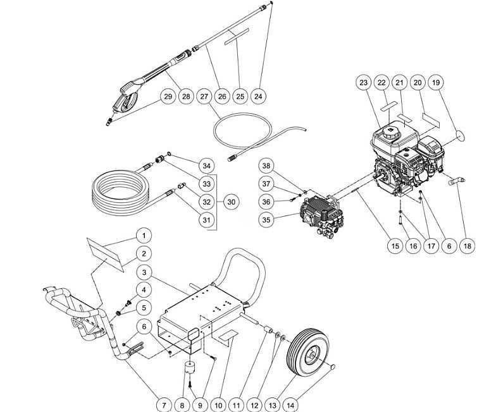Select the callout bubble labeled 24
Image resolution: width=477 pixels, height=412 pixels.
tap(258, 96)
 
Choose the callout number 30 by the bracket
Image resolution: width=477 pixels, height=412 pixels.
tap(232, 202)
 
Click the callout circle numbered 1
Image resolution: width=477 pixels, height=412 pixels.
tap(144, 236)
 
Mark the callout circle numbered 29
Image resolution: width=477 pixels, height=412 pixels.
tap(168, 96)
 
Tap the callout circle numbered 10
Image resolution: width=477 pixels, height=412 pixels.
tap(218, 401)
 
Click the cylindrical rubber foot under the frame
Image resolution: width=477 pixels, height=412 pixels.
tap(191, 368)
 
